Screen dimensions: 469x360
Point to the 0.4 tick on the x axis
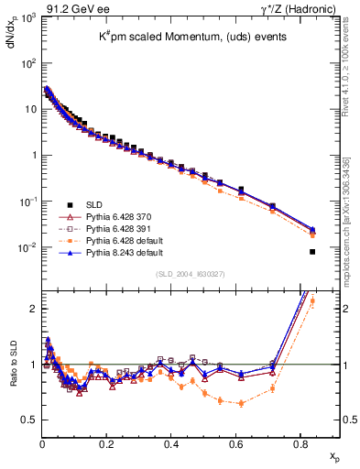[171, 444]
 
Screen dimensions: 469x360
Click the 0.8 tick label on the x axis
[300, 444]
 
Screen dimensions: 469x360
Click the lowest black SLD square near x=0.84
[312, 252]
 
